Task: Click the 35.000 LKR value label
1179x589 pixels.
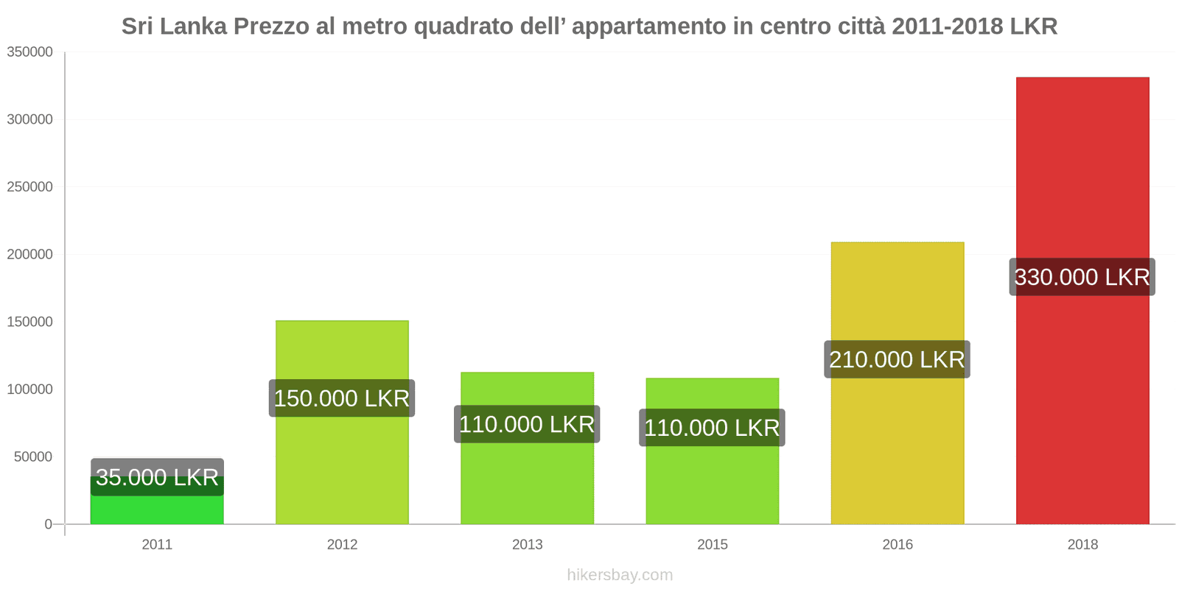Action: (157, 477)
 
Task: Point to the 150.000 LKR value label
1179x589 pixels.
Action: (342, 398)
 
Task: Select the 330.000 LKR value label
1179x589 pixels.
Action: (1082, 277)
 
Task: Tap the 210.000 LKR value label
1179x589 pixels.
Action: (897, 359)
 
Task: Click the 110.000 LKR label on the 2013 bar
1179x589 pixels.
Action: (527, 424)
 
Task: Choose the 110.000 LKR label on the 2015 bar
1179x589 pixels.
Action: (712, 428)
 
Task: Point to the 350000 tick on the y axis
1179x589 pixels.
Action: (29, 52)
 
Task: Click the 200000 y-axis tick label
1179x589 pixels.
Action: (29, 254)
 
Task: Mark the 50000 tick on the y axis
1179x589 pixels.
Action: (33, 456)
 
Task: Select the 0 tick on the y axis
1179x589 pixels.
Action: (48, 524)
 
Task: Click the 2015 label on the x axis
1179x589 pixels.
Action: (712, 544)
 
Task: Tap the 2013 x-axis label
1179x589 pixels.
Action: (527, 544)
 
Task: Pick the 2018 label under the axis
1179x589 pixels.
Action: (1082, 544)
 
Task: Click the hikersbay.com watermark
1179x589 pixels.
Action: (620, 575)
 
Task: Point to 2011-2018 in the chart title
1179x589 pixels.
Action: (947, 27)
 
